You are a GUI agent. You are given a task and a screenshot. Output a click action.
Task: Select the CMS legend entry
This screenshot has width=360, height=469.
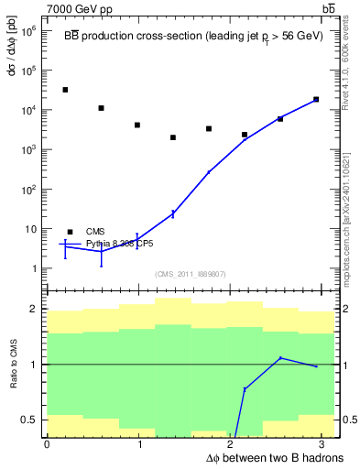pyautogui.click(x=95, y=232)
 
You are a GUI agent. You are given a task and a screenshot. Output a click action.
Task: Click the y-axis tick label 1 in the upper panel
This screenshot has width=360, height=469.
pyautogui.click(x=34, y=268)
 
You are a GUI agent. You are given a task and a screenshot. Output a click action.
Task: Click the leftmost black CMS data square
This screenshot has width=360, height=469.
pyautogui.click(x=65, y=90)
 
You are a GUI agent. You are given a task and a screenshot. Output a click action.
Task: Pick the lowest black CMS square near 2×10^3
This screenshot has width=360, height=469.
pyautogui.click(x=173, y=137)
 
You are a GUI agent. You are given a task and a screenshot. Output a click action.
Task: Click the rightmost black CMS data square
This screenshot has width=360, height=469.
pyautogui.click(x=316, y=99)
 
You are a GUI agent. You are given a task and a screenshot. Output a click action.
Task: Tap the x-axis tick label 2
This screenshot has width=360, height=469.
pyautogui.click(x=232, y=444)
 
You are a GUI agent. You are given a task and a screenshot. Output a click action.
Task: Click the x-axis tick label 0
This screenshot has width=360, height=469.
pyautogui.click(x=47, y=444)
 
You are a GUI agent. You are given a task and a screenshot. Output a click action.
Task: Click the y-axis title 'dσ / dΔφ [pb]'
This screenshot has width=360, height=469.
pyautogui.click(x=11, y=64)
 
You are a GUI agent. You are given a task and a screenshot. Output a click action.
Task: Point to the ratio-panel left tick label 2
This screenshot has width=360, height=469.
pyautogui.click(x=35, y=310)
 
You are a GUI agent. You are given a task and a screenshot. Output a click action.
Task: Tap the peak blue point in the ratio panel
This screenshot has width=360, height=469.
pyautogui.click(x=280, y=357)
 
